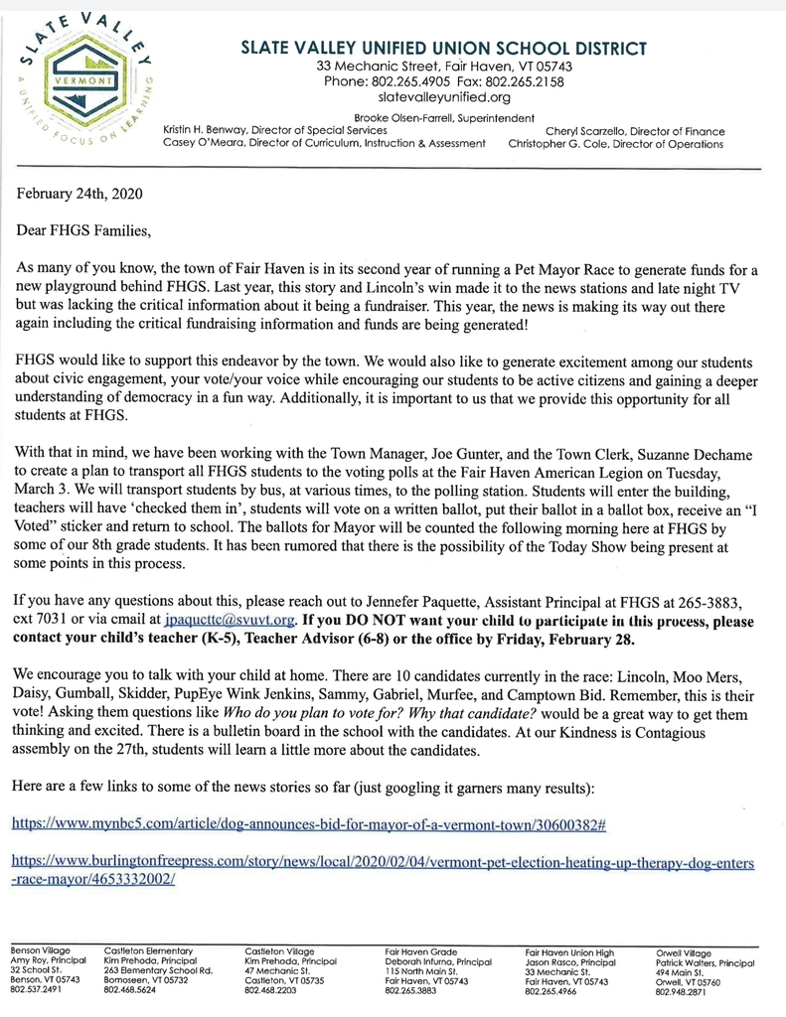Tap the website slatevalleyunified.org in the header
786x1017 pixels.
pyautogui.click(x=444, y=98)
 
